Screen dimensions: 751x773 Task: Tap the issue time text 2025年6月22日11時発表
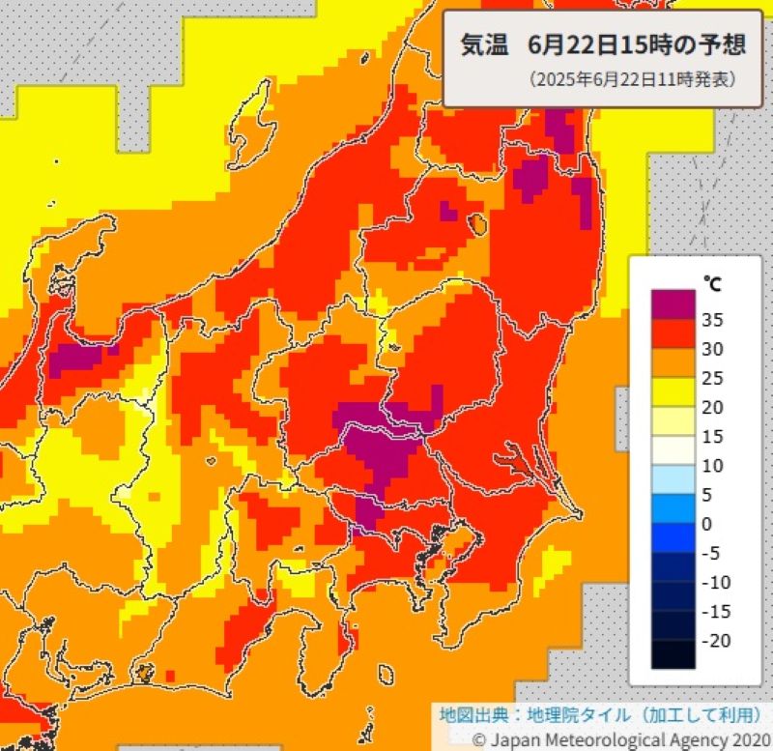(631, 80)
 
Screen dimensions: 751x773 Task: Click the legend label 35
(715, 319)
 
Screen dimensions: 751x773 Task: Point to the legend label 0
(710, 524)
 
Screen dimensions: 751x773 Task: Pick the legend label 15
(714, 436)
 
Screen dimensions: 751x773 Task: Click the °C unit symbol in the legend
(711, 283)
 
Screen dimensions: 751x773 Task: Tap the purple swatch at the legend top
(673, 304)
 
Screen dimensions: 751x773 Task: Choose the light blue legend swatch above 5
(673, 479)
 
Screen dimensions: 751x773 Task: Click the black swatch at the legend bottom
(673, 654)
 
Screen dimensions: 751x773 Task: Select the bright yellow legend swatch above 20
(673, 391)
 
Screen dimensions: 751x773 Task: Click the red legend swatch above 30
(673, 333)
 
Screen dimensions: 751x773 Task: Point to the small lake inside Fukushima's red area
(475, 224)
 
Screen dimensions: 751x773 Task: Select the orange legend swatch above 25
(673, 362)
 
